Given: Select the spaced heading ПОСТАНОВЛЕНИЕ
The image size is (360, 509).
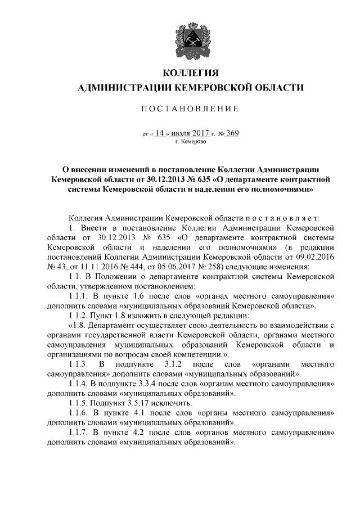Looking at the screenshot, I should (x=190, y=108).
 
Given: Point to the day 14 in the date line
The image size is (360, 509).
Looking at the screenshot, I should (x=160, y=134).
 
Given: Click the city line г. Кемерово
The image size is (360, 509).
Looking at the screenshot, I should (x=190, y=142).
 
